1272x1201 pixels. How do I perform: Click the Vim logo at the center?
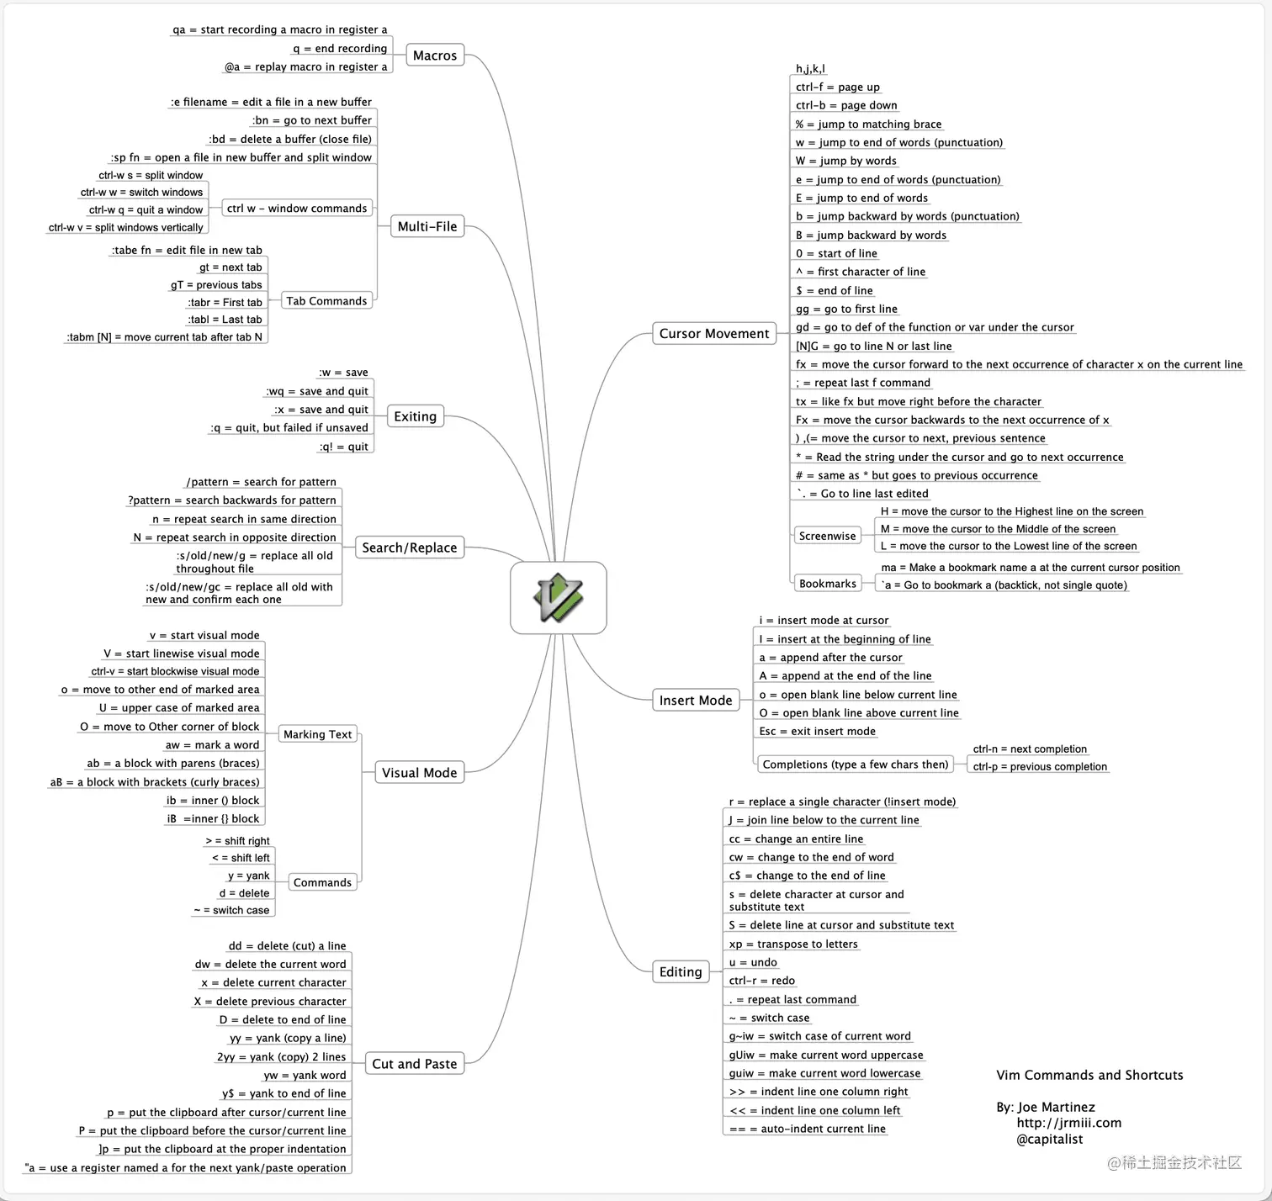tap(558, 597)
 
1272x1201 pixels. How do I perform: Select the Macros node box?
tap(435, 56)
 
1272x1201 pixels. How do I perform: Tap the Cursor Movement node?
tap(713, 334)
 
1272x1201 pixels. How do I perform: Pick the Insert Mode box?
tap(695, 701)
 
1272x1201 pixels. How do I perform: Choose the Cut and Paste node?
tap(414, 1064)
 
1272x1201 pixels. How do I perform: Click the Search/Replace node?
tap(409, 548)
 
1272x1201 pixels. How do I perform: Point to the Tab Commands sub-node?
tap(326, 301)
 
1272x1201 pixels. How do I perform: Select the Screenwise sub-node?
tap(827, 536)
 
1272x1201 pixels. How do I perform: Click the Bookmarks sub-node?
tap(827, 584)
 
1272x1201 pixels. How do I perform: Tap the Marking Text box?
tap(317, 734)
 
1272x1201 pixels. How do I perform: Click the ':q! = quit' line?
tap(344, 447)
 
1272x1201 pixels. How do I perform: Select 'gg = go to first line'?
tap(846, 309)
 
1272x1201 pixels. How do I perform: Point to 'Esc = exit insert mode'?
tap(817, 731)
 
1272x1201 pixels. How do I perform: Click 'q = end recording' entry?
tap(340, 49)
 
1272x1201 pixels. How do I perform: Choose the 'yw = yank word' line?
tap(305, 1075)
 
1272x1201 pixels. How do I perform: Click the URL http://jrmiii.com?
tap(1068, 1123)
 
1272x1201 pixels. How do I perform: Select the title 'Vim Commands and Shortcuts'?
tap(1089, 1075)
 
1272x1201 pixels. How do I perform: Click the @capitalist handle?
tap(1049, 1140)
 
